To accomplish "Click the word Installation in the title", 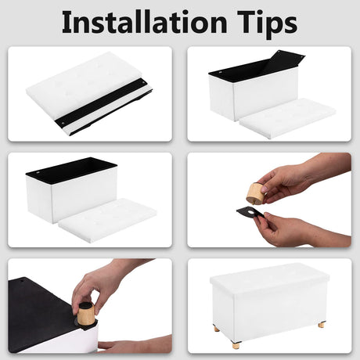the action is tap(144, 22).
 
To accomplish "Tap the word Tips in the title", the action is tap(267, 24).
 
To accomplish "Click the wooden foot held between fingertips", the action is tap(257, 193).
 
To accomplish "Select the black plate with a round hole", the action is tap(251, 212).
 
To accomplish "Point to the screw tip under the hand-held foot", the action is tap(253, 203).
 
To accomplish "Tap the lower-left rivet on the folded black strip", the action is tap(63, 122).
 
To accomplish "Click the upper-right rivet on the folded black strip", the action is tap(143, 83).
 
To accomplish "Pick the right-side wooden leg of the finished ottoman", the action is tap(322, 325).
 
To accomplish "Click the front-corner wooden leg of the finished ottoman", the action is tap(236, 345).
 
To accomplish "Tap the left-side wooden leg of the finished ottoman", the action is tap(216, 328).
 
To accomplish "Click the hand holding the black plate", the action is tap(300, 230).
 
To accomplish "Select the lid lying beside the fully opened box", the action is tap(107, 221).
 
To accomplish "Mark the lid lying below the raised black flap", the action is tap(287, 118).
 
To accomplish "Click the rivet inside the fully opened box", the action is tap(38, 173).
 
